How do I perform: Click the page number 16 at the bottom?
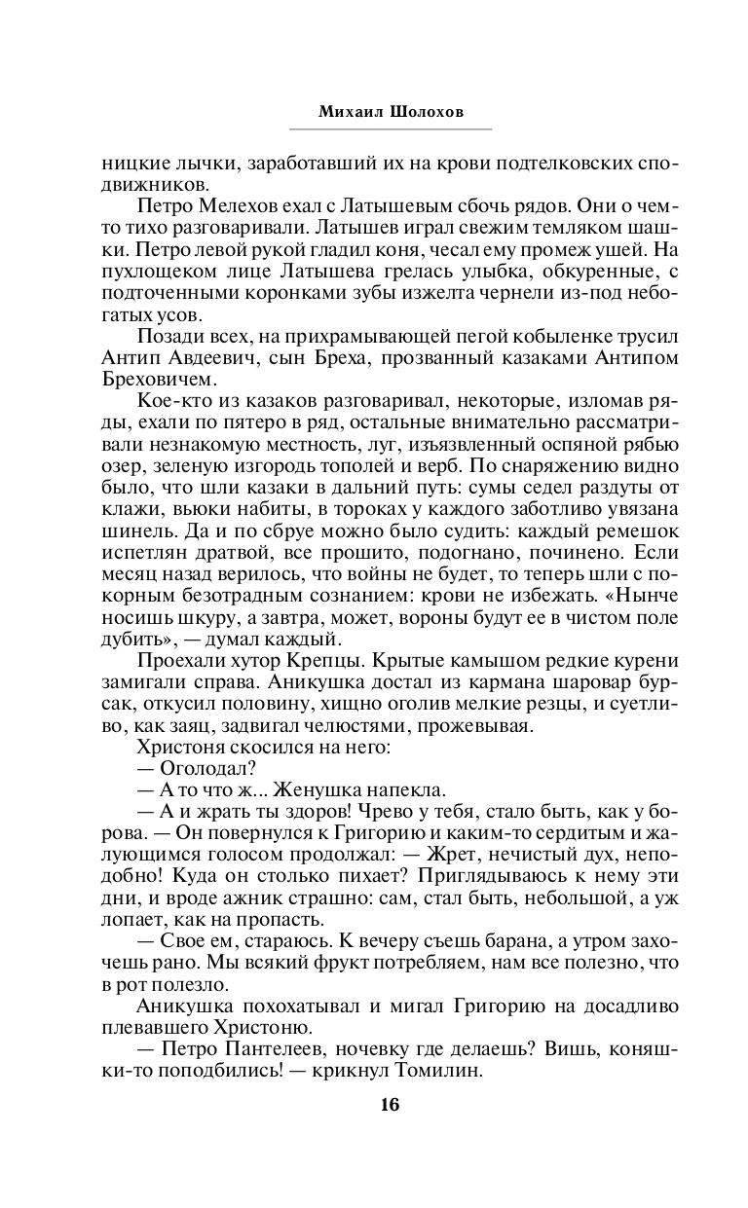391,1104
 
